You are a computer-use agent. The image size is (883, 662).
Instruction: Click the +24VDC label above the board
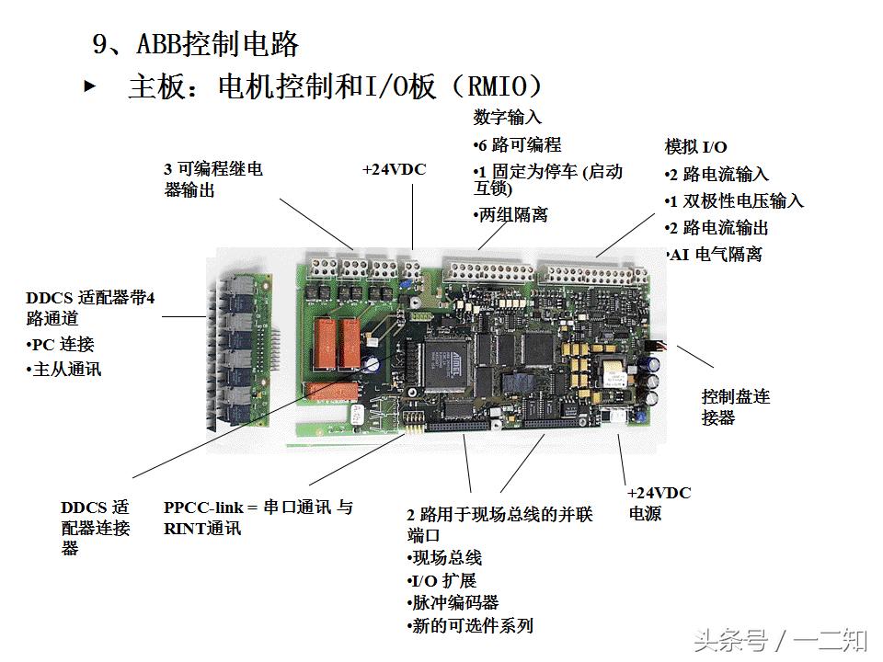point(394,170)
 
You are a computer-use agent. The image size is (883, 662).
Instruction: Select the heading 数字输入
point(508,118)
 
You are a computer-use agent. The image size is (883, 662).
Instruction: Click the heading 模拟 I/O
point(696,147)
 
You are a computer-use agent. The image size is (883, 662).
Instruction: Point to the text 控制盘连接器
point(735,406)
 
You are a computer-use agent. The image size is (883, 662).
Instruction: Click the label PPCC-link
point(204,508)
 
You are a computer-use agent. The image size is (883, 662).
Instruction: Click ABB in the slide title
point(158,43)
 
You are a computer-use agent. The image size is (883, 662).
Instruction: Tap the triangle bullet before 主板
point(89,86)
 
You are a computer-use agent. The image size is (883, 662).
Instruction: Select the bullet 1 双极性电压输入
point(735,200)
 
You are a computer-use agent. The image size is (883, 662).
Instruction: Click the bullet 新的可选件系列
point(470,626)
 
